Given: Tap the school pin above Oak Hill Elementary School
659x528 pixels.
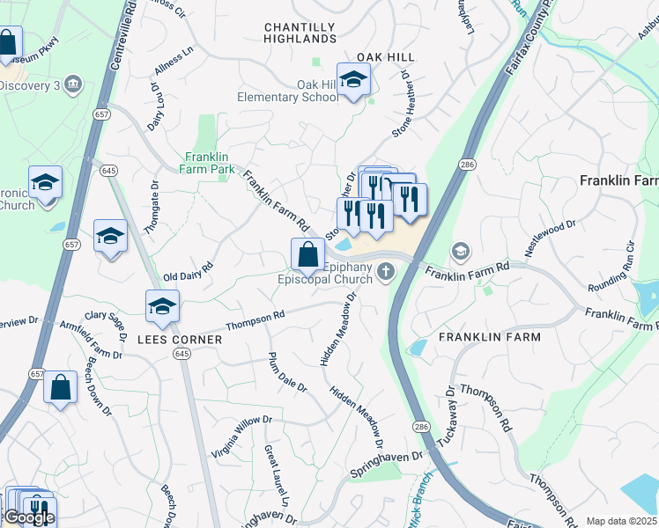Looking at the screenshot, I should pyautogui.click(x=353, y=81).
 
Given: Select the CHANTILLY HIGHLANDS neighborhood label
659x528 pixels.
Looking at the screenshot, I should pyautogui.click(x=300, y=33).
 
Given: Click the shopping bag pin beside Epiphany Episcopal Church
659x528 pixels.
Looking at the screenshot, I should pyautogui.click(x=307, y=255).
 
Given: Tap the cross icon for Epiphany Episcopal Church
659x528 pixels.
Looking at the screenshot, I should pyautogui.click(x=385, y=272).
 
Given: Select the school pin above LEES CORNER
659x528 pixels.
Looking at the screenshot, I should pyautogui.click(x=163, y=307).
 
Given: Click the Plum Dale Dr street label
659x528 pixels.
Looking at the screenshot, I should pyautogui.click(x=287, y=371).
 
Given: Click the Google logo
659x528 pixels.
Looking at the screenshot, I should pyautogui.click(x=29, y=517).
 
